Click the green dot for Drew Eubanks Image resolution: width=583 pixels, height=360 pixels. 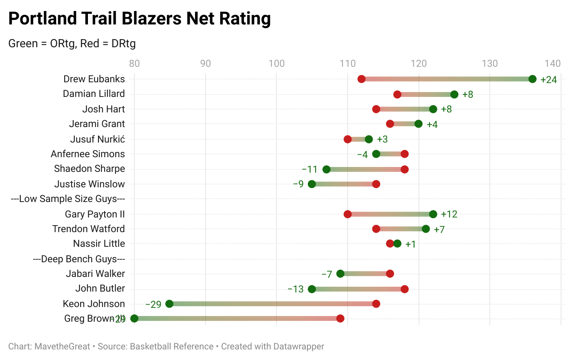[x=532, y=79]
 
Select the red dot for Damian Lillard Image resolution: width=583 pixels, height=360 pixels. [x=397, y=94]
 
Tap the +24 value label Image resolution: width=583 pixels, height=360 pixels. [x=548, y=80]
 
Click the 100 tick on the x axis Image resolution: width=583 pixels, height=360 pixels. [x=276, y=64]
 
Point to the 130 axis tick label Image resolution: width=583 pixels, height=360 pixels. [x=490, y=64]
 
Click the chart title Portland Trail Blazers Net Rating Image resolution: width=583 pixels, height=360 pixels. [x=139, y=19]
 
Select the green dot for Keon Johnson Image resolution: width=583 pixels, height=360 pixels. [x=169, y=304]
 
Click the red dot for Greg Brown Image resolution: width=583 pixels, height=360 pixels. [x=340, y=318]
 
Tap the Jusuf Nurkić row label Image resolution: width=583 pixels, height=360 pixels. [x=97, y=139]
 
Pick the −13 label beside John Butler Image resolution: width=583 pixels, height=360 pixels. [x=296, y=289]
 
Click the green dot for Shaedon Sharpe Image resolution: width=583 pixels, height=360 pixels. [x=327, y=169]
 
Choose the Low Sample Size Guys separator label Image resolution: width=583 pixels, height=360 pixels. [x=68, y=199]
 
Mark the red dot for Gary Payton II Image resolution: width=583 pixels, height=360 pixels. [x=348, y=214]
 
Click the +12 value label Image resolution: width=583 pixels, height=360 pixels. [x=449, y=214]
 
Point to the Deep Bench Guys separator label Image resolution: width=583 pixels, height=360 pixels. [x=79, y=259]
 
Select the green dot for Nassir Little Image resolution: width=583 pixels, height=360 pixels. [x=397, y=244]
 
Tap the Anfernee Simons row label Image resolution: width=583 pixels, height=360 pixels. [x=88, y=154]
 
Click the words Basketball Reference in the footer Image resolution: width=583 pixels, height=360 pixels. [x=171, y=347]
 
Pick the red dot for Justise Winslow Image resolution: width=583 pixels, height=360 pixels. [x=376, y=184]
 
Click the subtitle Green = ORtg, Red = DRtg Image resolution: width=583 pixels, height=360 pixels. [x=72, y=44]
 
